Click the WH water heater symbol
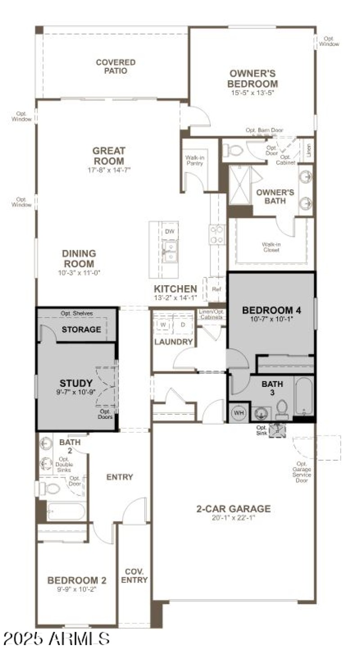(238, 413)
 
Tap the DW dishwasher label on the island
(170, 232)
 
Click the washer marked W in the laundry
(163, 324)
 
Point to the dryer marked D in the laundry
(183, 324)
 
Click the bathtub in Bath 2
(66, 512)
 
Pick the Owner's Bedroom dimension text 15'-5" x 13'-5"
(252, 92)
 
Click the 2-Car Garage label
(234, 509)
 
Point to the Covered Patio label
(116, 66)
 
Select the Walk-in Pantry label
(194, 160)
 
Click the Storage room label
(81, 329)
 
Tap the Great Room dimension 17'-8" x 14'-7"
(108, 170)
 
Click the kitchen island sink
(171, 252)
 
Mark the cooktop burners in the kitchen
(217, 234)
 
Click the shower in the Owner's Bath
(240, 185)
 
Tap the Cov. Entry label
(134, 576)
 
